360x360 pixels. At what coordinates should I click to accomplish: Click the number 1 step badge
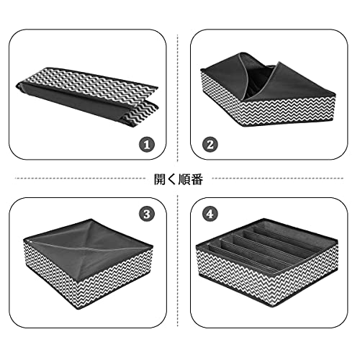click(147, 145)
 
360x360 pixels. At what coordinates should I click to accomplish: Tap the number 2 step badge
click(210, 145)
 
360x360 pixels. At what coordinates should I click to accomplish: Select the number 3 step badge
click(147, 214)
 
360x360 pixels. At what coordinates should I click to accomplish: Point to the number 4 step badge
click(210, 214)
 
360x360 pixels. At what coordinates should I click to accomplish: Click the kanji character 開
click(160, 179)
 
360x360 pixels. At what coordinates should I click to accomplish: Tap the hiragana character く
click(172, 179)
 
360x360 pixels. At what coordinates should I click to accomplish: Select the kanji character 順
click(184, 179)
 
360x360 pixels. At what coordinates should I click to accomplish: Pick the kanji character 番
click(197, 179)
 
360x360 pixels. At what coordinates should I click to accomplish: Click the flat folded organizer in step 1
click(87, 96)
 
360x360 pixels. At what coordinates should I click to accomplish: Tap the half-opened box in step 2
click(268, 89)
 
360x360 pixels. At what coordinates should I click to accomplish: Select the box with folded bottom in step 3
click(88, 264)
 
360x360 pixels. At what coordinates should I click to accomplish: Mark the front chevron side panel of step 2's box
click(288, 110)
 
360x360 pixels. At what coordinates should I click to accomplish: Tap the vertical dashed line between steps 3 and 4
click(178, 261)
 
